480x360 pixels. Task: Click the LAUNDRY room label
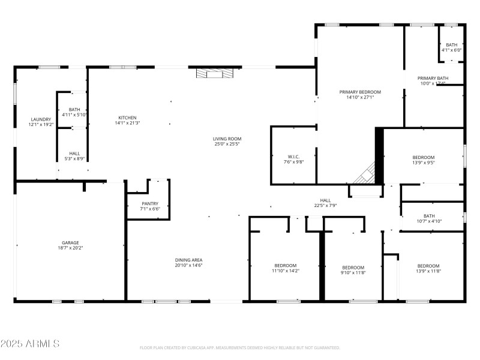pos(41,119)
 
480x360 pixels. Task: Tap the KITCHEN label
pos(127,118)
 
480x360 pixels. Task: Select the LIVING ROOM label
pos(227,139)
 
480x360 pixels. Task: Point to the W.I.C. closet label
pos(293,157)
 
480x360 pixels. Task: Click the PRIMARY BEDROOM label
pos(360,92)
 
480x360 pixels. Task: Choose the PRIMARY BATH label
pos(433,78)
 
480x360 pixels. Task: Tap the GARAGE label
pos(70,243)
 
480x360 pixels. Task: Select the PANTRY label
pos(150,203)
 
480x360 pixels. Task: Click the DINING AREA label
pos(188,260)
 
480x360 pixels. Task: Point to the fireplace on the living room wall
pos(214,74)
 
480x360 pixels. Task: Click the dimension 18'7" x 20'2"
pos(70,248)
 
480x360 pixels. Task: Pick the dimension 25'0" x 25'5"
pos(227,144)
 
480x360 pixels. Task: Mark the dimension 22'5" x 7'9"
pos(325,205)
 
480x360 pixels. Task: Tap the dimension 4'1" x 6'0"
pos(451,50)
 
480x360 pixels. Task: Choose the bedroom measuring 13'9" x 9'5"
pos(424,157)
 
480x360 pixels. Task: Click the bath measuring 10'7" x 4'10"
pos(429,216)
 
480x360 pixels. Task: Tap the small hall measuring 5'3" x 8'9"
pos(74,153)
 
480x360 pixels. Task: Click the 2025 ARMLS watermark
pos(30,344)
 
